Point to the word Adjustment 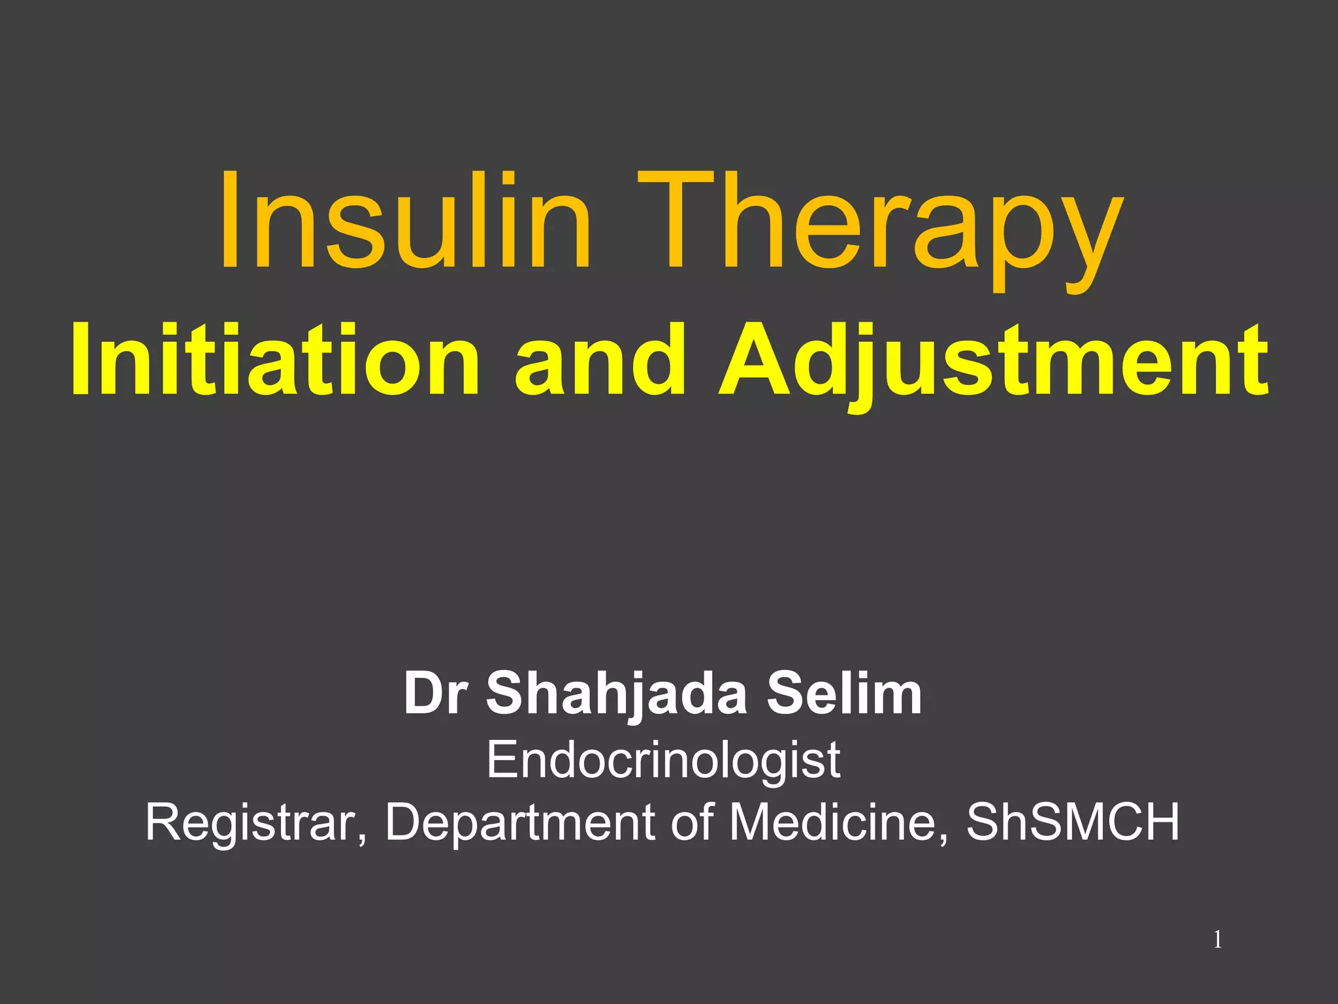coord(993,363)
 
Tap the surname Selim coord(844,694)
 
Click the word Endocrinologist coord(663,762)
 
